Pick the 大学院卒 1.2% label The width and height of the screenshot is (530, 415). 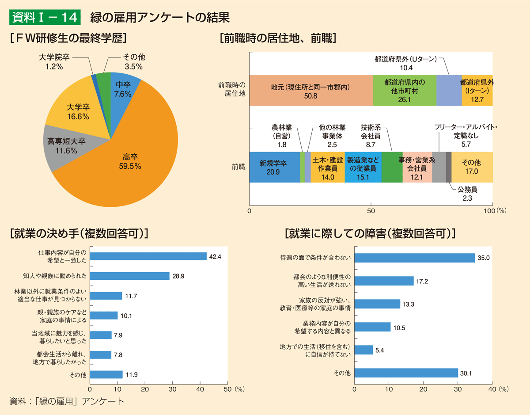54,62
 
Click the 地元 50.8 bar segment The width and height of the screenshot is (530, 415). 310,91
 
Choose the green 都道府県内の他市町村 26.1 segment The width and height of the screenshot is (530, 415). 404,91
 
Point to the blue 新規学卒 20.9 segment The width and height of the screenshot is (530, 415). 274,167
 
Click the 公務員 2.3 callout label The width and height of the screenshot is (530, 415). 467,194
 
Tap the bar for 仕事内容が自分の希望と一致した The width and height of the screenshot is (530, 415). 148,256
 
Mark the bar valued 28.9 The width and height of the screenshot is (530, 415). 130,276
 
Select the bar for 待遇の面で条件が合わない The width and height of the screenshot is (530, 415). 415,258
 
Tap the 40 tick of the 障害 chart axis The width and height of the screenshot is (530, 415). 492,389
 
